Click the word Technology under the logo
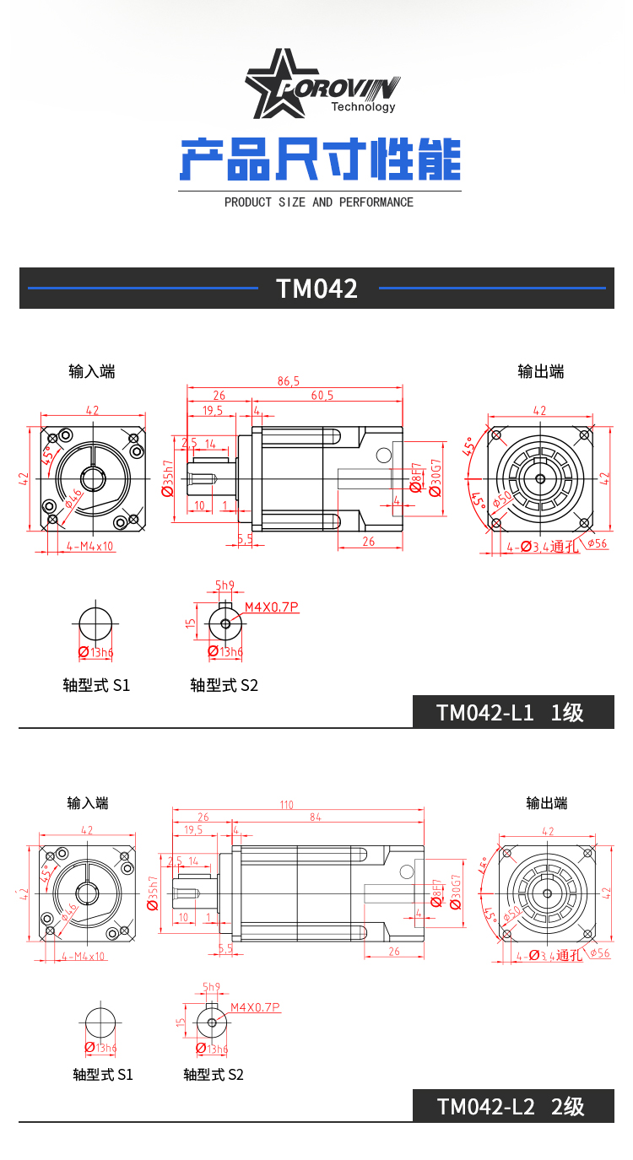363,107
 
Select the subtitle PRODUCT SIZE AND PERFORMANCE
319,202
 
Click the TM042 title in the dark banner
317,289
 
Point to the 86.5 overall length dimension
289,381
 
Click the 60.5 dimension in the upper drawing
322,395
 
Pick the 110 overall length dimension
287,805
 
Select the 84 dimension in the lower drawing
316,817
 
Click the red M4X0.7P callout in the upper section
272,607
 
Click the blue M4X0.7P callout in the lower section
255,1007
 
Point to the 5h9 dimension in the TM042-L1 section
225,585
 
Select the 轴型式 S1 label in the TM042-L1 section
96,685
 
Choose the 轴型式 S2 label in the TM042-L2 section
214,1075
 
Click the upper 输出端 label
541,371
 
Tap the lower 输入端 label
89,803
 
